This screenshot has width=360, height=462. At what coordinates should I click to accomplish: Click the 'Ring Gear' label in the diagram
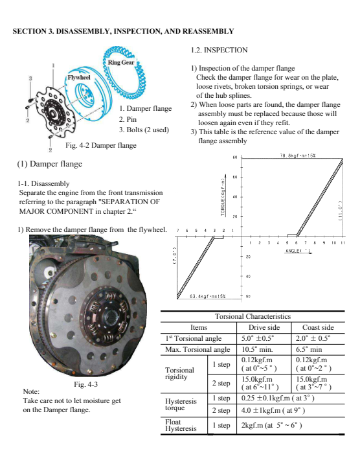(x=120, y=62)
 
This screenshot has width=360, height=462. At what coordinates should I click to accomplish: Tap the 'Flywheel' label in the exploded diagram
(x=79, y=78)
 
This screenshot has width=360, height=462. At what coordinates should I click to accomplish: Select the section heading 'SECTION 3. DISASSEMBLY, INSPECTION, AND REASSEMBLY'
(x=123, y=31)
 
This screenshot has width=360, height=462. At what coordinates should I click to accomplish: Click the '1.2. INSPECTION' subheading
(x=219, y=50)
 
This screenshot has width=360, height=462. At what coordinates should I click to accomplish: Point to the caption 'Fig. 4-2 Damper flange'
(x=101, y=145)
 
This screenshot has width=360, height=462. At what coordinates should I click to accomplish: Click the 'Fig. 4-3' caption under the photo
(x=85, y=384)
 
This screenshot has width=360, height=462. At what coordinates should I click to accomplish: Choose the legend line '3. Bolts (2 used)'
(x=144, y=130)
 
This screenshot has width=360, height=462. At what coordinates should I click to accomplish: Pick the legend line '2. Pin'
(x=128, y=119)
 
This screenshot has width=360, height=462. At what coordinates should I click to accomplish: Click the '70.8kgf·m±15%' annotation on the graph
(x=298, y=156)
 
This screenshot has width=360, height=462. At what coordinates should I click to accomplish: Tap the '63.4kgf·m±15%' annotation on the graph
(x=208, y=296)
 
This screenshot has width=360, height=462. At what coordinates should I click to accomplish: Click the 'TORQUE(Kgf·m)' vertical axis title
(x=223, y=196)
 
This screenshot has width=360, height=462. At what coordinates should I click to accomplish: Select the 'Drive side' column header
(x=264, y=327)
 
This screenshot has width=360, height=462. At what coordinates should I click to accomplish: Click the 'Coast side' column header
(x=318, y=327)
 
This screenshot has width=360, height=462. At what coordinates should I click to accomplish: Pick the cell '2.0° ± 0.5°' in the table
(x=313, y=338)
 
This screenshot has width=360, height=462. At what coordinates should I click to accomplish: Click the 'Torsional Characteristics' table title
(x=253, y=316)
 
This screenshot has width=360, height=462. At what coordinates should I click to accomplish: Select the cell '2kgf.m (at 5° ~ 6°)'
(x=271, y=425)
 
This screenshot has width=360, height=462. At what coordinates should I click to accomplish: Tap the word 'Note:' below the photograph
(x=31, y=391)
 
